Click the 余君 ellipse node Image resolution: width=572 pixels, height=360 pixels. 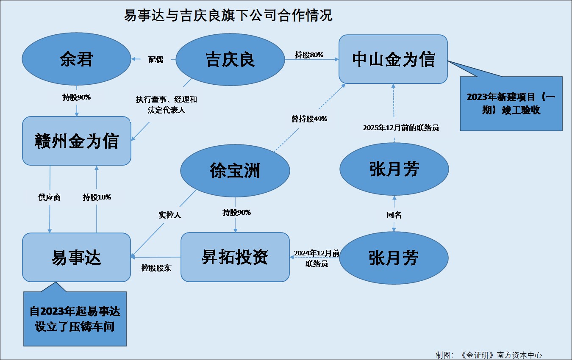click(x=76, y=59)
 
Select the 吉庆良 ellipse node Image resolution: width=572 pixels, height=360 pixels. click(x=230, y=59)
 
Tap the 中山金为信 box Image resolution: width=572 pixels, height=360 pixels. click(x=393, y=59)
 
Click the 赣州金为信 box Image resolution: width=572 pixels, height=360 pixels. click(x=76, y=141)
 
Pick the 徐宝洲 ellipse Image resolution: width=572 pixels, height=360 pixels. click(x=235, y=171)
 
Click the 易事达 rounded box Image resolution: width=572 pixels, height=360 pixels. click(x=76, y=257)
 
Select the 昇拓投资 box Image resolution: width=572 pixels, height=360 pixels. click(x=235, y=257)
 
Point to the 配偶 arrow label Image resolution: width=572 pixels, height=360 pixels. click(x=155, y=60)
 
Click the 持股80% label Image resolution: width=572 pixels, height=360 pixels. click(x=309, y=55)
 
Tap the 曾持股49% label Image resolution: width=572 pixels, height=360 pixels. click(x=309, y=119)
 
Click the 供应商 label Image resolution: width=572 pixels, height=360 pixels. click(x=50, y=197)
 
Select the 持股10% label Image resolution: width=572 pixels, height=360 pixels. click(x=97, y=197)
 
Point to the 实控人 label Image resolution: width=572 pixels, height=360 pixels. click(x=169, y=215)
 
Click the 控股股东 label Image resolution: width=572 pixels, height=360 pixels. click(x=156, y=268)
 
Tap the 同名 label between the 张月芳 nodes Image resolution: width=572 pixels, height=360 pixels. click(x=394, y=215)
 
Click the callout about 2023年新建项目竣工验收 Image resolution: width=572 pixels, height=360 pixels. click(x=511, y=103)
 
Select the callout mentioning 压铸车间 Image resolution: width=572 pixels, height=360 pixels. click(x=75, y=319)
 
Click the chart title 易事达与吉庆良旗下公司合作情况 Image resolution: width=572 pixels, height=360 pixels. click(x=228, y=16)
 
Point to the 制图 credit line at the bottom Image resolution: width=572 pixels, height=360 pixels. click(x=489, y=355)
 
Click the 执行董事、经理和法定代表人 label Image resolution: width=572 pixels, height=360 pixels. click(x=166, y=105)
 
